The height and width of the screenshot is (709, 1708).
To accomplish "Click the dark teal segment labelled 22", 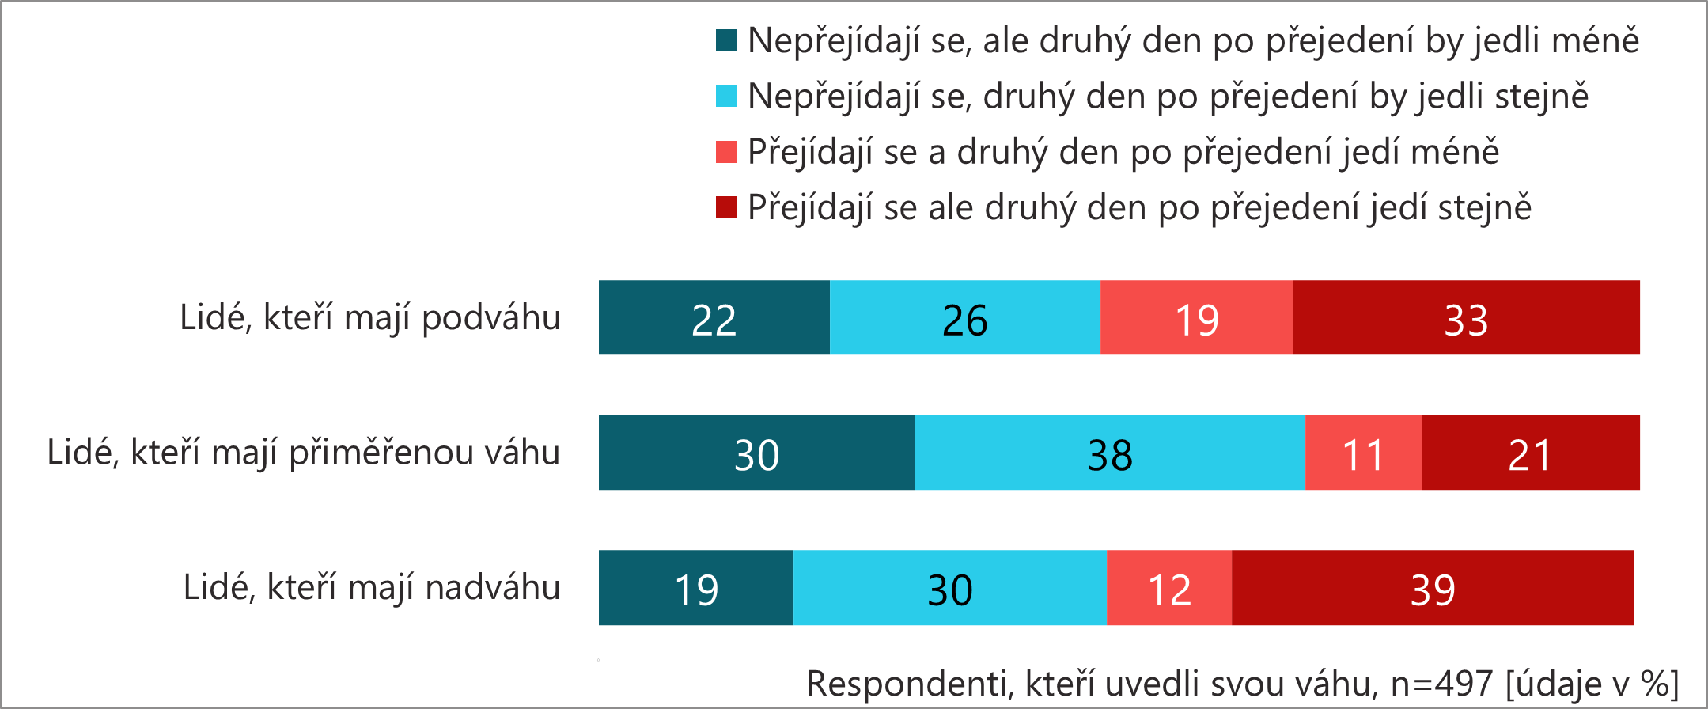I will [x=714, y=317].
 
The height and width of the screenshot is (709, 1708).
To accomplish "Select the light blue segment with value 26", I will [x=964, y=317].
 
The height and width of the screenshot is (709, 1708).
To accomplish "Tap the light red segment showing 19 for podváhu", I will [x=1196, y=317].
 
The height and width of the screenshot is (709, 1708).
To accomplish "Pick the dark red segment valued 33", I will [x=1466, y=317].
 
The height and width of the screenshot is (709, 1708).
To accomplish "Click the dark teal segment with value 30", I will [x=756, y=453].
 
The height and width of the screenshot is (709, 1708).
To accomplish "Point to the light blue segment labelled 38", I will [x=1109, y=453].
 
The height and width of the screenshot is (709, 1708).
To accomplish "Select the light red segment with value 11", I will [x=1362, y=453].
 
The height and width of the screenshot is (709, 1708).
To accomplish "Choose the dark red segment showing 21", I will [x=1530, y=453].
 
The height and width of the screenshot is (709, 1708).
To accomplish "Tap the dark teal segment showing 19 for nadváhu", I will [x=695, y=588].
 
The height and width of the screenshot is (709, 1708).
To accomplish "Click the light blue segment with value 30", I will [x=949, y=588].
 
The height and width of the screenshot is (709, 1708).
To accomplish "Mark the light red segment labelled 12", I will [x=1168, y=588].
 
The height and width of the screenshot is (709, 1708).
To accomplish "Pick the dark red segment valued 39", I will [x=1432, y=588].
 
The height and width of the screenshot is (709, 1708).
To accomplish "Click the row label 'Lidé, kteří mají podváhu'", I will [x=370, y=318].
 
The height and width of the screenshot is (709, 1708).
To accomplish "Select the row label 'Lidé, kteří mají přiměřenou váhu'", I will [x=304, y=453].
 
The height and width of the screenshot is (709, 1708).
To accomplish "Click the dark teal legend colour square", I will [x=726, y=40].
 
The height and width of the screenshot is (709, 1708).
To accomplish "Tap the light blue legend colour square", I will [x=726, y=96].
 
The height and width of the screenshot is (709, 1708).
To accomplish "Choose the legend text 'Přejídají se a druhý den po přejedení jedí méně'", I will [x=1123, y=152].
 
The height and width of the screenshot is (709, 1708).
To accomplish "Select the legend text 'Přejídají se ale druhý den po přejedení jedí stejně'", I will [x=1139, y=207].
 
